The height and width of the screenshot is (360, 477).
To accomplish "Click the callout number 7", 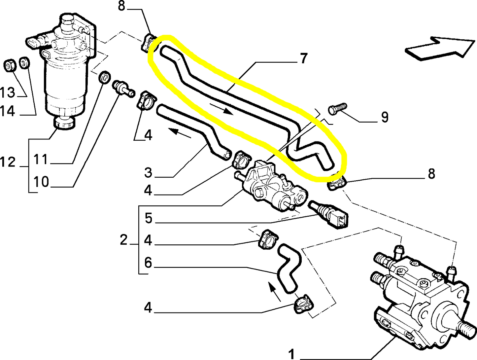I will click(303, 58).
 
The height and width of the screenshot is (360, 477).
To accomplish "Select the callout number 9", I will click(385, 117).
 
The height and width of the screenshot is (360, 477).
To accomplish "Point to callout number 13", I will click(7, 92).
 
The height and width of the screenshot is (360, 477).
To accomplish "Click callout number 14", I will click(7, 111).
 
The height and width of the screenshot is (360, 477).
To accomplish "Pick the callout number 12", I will click(7, 162).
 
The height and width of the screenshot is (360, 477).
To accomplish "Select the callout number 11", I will click(41, 160).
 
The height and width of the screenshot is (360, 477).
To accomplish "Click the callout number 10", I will click(41, 182).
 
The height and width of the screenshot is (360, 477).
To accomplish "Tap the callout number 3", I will click(148, 172).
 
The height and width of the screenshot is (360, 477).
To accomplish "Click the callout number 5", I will click(148, 218).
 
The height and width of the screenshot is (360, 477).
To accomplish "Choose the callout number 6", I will click(148, 263).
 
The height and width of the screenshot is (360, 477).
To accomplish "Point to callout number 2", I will click(123, 240).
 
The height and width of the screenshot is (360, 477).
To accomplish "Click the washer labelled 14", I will click(24, 62).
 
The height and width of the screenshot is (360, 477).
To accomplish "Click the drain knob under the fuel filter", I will click(64, 123).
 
